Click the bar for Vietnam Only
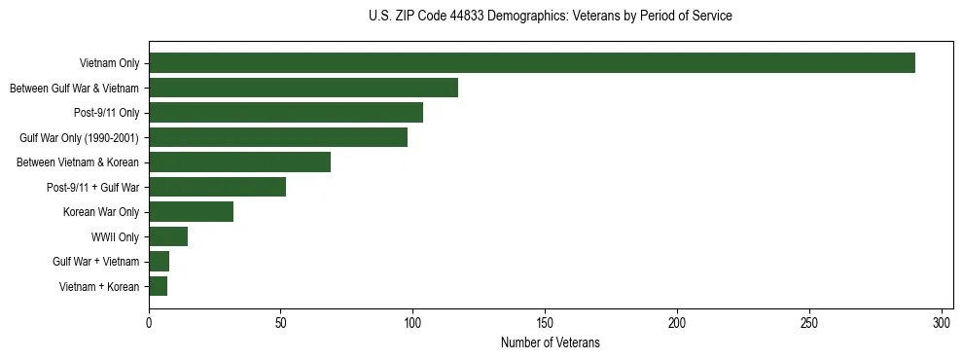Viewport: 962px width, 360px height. [x=532, y=63]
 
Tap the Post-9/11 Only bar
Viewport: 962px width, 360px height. [x=286, y=113]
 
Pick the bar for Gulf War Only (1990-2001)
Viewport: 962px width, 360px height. [x=278, y=137]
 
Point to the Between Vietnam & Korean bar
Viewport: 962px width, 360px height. [x=240, y=162]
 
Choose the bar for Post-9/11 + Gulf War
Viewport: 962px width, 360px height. [x=218, y=187]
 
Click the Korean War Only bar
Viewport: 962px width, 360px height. [x=192, y=211]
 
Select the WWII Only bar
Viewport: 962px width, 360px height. [x=168, y=236]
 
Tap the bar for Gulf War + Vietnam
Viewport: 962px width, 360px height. [x=160, y=261]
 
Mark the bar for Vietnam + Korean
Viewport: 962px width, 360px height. [x=159, y=286]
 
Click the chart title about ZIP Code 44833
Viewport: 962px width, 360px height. [x=551, y=17]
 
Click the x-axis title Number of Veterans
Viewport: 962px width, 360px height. [x=551, y=343]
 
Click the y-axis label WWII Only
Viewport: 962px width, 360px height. [x=115, y=236]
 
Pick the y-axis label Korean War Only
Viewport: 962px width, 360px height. [x=101, y=212]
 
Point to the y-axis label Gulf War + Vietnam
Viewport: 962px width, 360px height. [x=96, y=262]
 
